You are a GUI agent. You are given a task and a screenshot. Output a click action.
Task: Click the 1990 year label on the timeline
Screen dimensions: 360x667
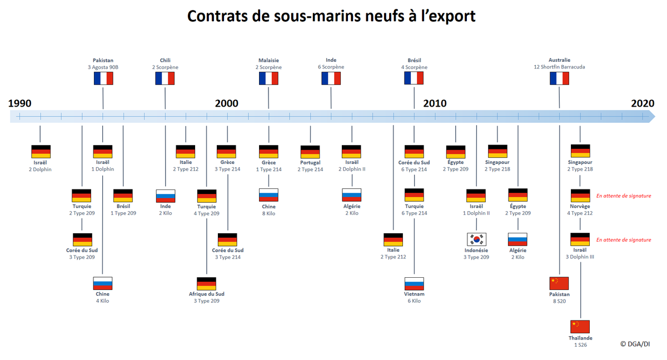[x=20, y=103]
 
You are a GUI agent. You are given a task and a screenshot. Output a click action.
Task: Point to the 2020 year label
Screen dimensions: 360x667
[x=643, y=103]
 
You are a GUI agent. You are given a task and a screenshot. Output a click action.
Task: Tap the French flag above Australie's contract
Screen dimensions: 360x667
[x=559, y=78]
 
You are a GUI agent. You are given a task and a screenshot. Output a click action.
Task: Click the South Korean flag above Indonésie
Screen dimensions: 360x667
[x=476, y=239]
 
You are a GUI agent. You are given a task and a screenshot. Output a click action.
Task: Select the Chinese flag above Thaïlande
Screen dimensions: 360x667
[x=580, y=327]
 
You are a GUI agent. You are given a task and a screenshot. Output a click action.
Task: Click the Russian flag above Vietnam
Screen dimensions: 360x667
[x=414, y=283]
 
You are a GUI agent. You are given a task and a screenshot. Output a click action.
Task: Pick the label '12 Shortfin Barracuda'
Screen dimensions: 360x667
[x=559, y=67]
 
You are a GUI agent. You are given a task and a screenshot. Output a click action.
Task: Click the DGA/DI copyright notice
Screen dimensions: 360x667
[x=635, y=344]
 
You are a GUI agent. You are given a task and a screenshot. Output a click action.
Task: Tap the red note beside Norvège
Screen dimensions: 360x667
[x=623, y=196]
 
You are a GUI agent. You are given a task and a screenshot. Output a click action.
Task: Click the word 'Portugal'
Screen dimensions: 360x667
[x=310, y=163]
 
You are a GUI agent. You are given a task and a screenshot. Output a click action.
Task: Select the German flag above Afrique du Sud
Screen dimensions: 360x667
[x=206, y=283]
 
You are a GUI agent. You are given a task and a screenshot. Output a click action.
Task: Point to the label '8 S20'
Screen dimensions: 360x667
[x=559, y=301]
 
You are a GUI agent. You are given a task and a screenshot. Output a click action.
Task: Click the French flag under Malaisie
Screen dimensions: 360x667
[x=268, y=78]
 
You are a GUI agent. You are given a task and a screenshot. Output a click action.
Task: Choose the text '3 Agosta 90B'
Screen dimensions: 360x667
[x=103, y=67]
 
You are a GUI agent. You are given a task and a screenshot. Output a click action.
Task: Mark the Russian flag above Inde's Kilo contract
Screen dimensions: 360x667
[x=165, y=196]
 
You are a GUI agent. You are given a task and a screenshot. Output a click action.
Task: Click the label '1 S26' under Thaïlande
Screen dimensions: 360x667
[x=580, y=345]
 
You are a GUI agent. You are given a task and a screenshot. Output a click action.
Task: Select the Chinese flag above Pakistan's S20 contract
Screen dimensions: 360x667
[x=559, y=283]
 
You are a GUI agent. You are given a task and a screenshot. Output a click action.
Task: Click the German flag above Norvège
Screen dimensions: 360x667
[x=580, y=196]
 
